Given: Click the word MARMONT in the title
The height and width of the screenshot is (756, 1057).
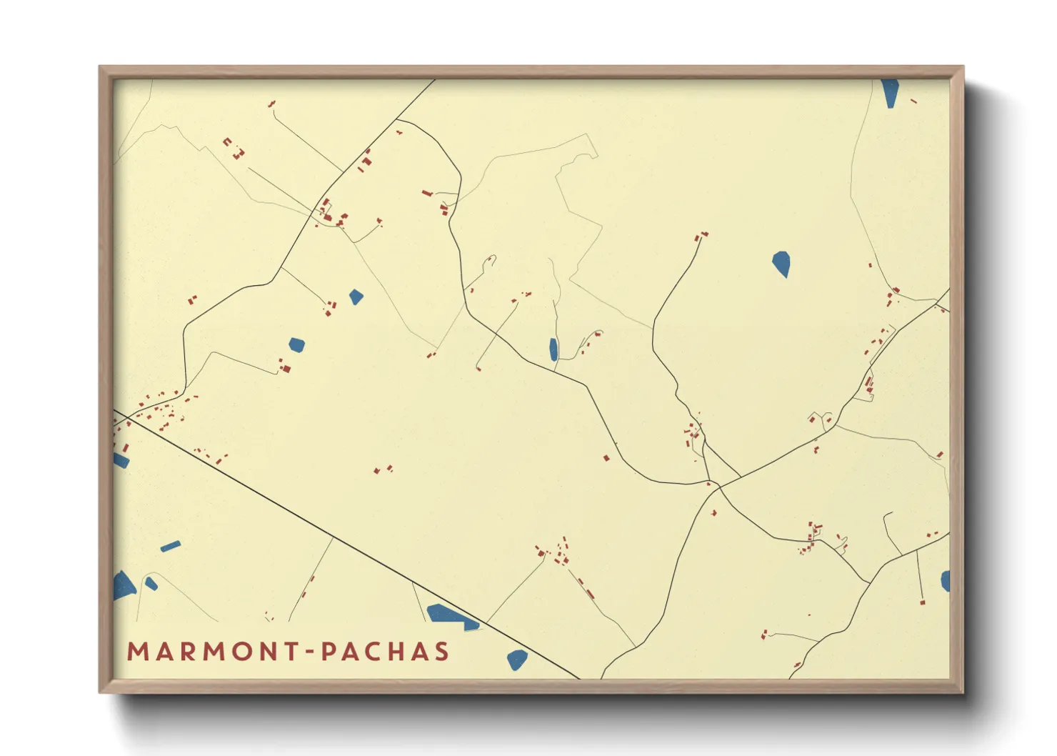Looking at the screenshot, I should pyautogui.click(x=213, y=651).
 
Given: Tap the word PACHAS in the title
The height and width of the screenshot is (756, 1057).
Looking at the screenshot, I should pyautogui.click(x=385, y=651).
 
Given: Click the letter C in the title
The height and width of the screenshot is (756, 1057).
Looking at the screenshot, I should pyautogui.click(x=381, y=651).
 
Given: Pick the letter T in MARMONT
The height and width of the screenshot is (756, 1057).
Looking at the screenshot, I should pyautogui.click(x=291, y=651).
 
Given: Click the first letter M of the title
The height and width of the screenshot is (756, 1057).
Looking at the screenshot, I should pyautogui.click(x=138, y=651).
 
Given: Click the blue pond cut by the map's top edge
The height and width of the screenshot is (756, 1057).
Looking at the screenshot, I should pyautogui.click(x=890, y=91).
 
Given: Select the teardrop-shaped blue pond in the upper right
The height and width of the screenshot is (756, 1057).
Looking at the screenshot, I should pyautogui.click(x=781, y=263).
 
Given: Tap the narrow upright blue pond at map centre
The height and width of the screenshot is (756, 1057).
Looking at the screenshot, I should pyautogui.click(x=553, y=349).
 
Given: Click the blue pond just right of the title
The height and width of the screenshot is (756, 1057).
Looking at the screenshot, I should pyautogui.click(x=516, y=659).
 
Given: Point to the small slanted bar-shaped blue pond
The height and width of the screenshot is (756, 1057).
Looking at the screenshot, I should pyautogui.click(x=171, y=547).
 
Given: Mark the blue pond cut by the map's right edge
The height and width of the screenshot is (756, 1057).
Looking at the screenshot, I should pyautogui.click(x=946, y=581).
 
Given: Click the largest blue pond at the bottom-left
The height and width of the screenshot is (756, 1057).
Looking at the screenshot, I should pyautogui.click(x=124, y=586).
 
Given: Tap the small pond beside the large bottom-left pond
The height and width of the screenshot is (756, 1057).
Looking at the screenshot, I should pyautogui.click(x=151, y=584).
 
